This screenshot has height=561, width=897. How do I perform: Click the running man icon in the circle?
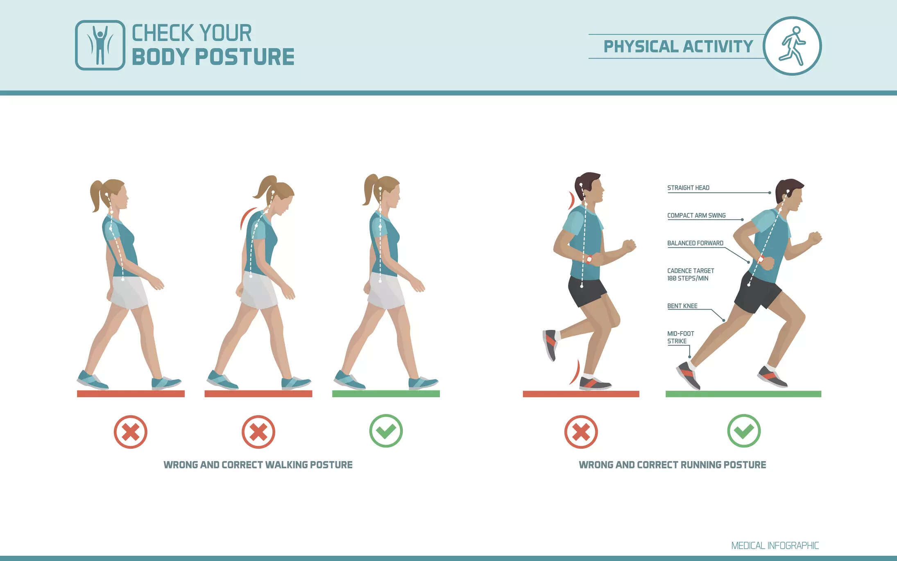(x=792, y=46)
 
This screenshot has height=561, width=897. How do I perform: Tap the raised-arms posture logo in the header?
(x=100, y=45)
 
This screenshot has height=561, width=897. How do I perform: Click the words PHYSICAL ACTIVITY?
(x=678, y=46)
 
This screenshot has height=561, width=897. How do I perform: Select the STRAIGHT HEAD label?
(x=688, y=188)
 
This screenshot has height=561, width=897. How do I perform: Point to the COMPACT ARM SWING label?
(x=696, y=216)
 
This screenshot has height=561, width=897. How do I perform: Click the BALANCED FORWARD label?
(x=695, y=243)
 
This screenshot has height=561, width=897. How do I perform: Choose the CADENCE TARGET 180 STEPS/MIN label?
(x=691, y=275)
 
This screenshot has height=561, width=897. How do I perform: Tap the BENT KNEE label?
(x=682, y=306)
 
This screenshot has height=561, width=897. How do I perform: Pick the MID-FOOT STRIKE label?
(x=680, y=337)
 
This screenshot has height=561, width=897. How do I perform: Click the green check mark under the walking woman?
(x=386, y=431)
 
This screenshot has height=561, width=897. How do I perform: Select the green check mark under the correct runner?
(x=744, y=431)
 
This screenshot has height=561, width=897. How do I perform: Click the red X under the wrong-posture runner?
(x=581, y=432)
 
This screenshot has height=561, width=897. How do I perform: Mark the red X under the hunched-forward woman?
(x=258, y=432)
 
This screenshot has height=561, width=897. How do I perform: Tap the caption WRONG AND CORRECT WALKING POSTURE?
(x=258, y=465)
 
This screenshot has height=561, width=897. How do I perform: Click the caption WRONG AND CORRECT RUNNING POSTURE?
(x=672, y=465)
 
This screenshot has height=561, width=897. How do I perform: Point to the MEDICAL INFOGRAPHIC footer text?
(x=775, y=546)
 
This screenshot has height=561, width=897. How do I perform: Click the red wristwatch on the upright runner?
(x=589, y=259)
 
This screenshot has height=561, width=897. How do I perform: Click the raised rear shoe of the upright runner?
(x=550, y=344)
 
